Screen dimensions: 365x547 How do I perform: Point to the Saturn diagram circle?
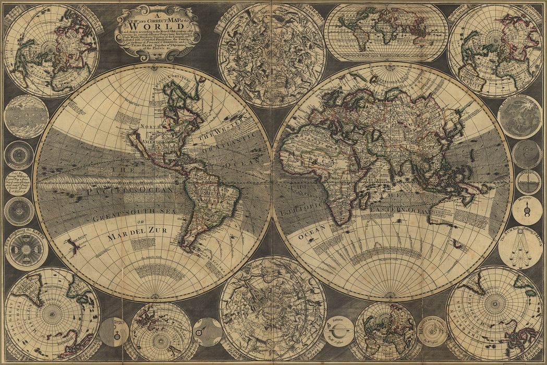click(x=338, y=331)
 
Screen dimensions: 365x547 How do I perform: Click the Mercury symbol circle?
click(x=527, y=211)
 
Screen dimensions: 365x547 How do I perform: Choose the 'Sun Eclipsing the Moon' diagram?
click(x=520, y=249)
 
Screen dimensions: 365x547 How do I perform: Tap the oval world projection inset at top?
click(x=386, y=32)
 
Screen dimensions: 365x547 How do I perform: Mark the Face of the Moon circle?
click(x=519, y=117)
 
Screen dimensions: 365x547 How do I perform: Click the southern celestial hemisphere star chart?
click(x=272, y=308)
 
